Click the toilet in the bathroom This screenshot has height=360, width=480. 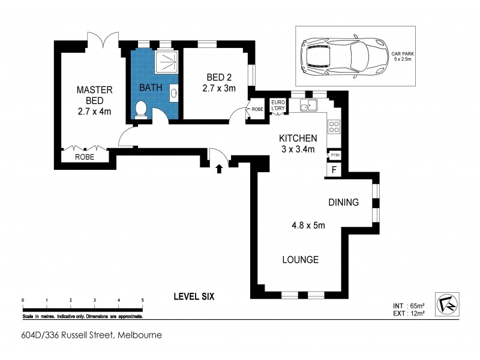(x=140, y=109)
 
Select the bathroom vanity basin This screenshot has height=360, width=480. (x=174, y=93)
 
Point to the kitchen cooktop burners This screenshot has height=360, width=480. (x=334, y=127)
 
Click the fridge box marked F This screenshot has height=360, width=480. (x=334, y=170)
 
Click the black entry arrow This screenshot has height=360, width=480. (x=218, y=169)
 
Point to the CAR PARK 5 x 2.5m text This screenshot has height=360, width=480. (x=403, y=56)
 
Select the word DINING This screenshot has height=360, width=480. (x=343, y=202)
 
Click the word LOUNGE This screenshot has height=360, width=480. (x=301, y=260)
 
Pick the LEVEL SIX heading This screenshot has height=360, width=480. (x=194, y=296)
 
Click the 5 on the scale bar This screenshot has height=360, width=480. (x=142, y=299)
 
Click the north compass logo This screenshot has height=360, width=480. (x=446, y=305)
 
